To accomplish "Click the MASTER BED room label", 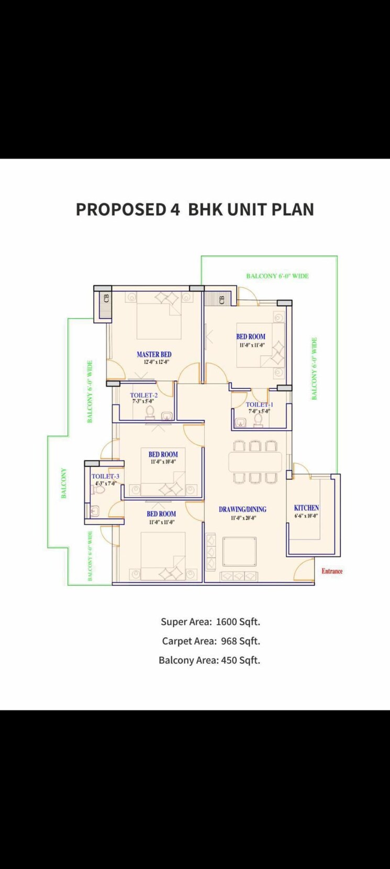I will pos(154,354).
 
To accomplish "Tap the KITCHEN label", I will pos(306,507).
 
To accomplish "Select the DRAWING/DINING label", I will pos(242,509).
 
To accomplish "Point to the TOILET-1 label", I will pos(259,404).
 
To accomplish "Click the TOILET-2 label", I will pos(143,395).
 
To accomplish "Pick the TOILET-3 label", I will pos(105,476).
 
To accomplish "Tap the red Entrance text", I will pos(332,571).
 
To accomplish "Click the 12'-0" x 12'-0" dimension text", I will pos(155,362).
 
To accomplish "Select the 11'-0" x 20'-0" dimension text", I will pos(243,518).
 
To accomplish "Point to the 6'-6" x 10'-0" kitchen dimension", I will pos(306,515).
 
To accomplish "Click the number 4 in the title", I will pos(175,209).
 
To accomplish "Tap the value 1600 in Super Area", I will pos(226,622).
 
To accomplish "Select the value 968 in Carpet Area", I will pos(229,641).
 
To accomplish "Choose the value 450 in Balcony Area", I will pos(229,660).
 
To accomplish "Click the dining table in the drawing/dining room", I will pos(255,461).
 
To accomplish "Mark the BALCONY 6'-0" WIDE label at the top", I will pos(277,276).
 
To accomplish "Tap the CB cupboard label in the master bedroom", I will pos(107,299).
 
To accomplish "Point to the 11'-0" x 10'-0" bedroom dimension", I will pos(163,462).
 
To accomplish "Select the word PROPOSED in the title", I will pos(120,209).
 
